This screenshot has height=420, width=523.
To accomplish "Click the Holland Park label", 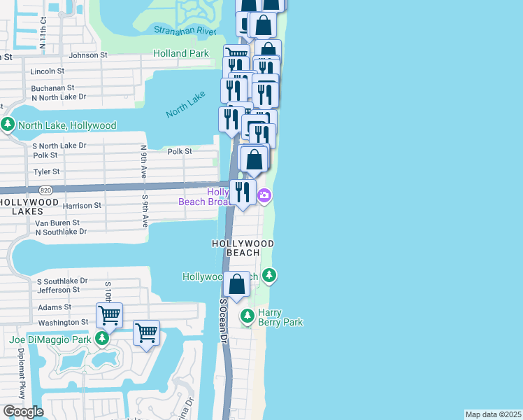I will (180, 53).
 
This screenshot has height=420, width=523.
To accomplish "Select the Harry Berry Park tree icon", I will (247, 317).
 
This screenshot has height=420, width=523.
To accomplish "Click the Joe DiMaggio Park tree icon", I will (102, 339).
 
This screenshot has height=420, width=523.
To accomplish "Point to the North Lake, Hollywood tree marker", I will (8, 125).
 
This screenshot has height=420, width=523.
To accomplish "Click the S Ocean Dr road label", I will (224, 321).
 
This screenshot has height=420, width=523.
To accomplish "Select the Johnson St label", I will (87, 55).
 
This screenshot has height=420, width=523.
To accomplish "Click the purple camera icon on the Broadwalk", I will (264, 195).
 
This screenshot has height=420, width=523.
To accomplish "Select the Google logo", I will (23, 412).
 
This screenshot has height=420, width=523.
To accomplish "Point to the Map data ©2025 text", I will (493, 414).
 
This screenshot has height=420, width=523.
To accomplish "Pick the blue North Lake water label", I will (185, 104).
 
